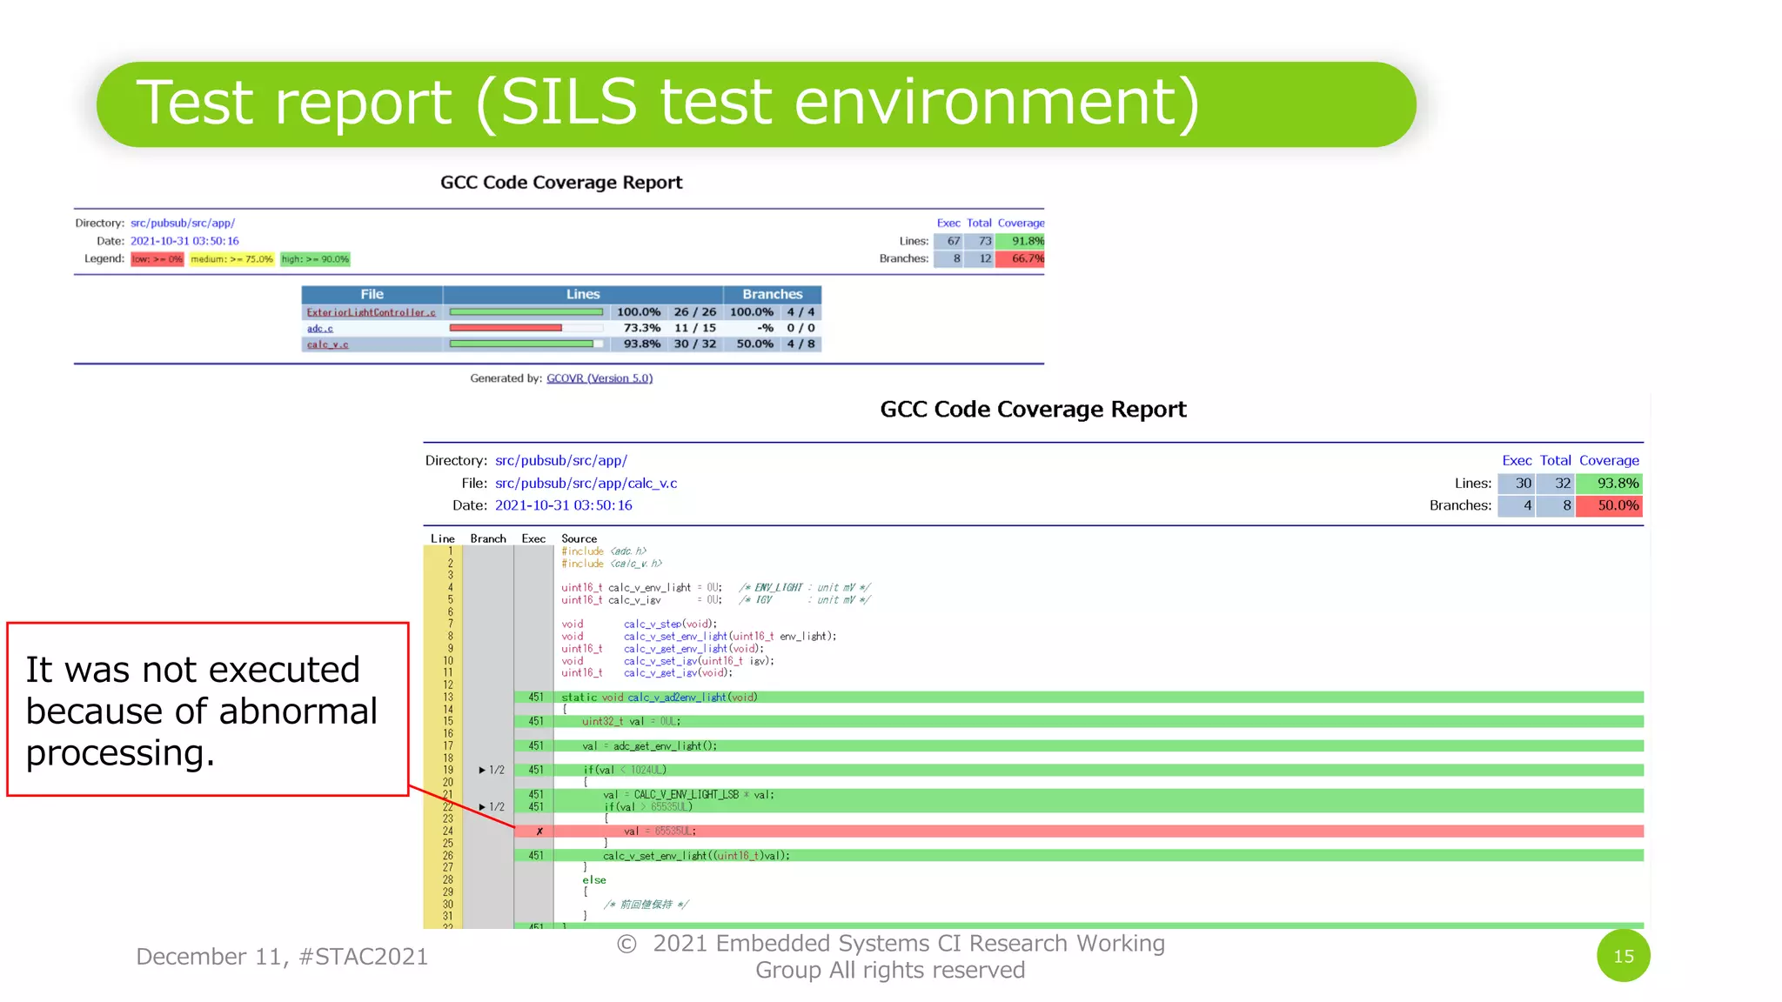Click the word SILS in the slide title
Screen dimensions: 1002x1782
point(569,103)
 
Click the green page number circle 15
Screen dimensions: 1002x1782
point(1623,956)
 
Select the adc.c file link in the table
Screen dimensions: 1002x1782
point(319,329)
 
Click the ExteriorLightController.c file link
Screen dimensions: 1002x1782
point(371,312)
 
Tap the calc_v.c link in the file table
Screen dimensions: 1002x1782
point(327,344)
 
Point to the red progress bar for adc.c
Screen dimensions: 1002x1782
point(506,328)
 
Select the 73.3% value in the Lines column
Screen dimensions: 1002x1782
point(641,328)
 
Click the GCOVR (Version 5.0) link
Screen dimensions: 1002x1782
point(599,378)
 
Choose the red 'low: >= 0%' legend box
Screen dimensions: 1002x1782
point(157,259)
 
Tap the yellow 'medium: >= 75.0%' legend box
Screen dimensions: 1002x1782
point(231,259)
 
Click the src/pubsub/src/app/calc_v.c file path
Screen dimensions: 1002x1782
point(586,484)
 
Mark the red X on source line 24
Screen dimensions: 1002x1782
point(539,832)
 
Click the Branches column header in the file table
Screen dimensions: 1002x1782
point(772,295)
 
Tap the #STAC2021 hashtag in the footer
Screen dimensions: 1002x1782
point(363,957)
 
